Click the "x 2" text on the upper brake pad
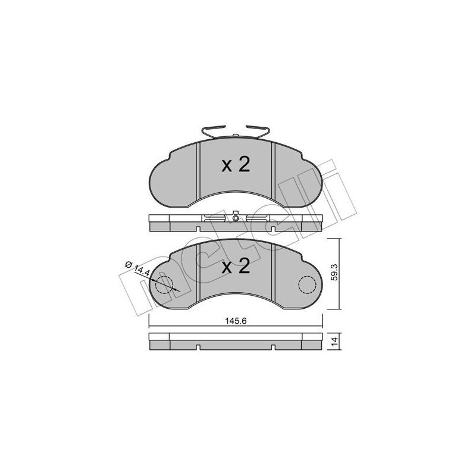pos(236,165)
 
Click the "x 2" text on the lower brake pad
pos(236,267)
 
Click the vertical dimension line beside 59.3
pos(340,274)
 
